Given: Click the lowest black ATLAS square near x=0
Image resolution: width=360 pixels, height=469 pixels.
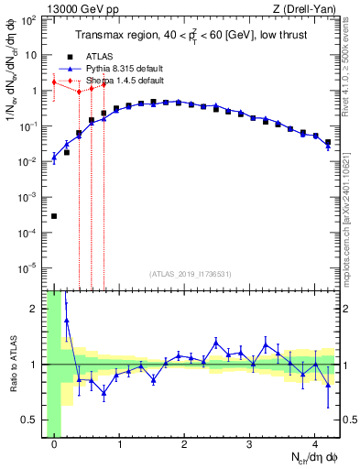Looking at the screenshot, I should click(x=54, y=216).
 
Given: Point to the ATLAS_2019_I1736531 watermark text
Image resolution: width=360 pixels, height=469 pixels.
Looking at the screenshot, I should click(x=191, y=274).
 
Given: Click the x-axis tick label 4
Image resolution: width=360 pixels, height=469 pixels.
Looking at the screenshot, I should click(x=315, y=446).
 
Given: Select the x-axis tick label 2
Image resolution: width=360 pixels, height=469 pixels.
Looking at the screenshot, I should click(x=185, y=446).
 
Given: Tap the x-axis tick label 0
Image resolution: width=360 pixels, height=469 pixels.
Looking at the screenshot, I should click(x=55, y=446).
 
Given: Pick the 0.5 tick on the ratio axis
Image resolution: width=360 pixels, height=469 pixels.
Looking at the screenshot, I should click(x=33, y=420).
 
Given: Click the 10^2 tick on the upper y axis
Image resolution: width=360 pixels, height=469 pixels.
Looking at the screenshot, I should click(x=31, y=19).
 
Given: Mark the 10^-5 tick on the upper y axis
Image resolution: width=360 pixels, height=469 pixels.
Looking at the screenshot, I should click(x=31, y=268).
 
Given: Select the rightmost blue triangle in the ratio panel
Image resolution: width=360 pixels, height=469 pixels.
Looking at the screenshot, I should click(x=328, y=384).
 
